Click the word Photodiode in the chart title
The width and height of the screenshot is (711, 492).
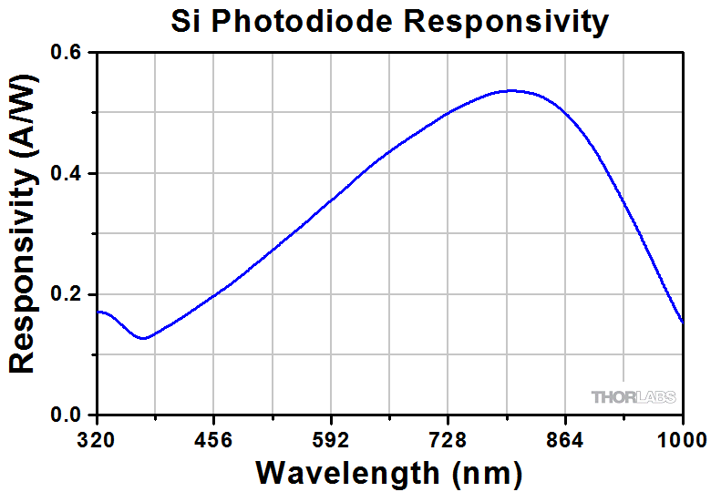click(307, 21)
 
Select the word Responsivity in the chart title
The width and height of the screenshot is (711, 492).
click(507, 21)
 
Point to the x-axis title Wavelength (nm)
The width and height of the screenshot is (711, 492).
click(389, 473)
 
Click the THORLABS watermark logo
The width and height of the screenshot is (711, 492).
click(634, 397)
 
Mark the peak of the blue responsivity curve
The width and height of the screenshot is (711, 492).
click(511, 90)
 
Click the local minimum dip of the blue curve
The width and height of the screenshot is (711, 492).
click(143, 338)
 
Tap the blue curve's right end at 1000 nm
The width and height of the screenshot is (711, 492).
click(683, 322)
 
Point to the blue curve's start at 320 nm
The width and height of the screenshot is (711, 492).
click(98, 312)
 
